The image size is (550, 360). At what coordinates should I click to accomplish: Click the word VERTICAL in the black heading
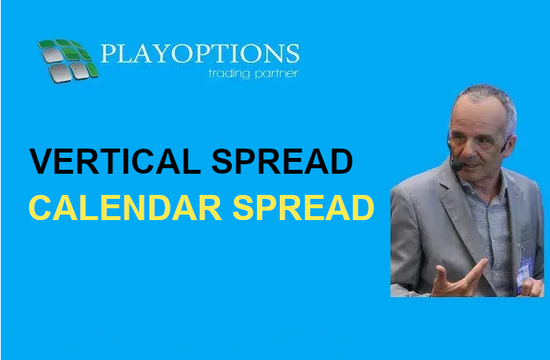click(115, 161)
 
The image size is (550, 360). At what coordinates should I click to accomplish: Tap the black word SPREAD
click(282, 161)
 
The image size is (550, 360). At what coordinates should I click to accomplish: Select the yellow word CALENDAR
click(125, 208)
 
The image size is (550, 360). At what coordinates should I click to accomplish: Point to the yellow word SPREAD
click(303, 208)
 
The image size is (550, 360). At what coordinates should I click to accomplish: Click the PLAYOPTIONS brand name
click(200, 53)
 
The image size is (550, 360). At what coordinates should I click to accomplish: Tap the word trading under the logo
click(229, 74)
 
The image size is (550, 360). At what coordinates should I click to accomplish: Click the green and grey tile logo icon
click(68, 61)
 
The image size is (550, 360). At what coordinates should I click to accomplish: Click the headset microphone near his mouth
click(456, 164)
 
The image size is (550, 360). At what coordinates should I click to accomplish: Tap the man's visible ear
click(508, 144)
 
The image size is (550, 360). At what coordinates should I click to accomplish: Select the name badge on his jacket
click(523, 272)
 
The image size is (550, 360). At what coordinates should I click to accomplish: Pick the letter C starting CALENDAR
click(40, 208)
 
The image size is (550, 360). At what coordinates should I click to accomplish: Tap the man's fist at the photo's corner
click(533, 287)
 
